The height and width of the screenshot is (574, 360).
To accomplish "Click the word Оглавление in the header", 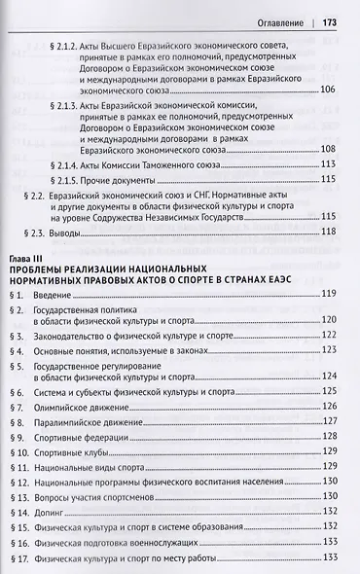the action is click(x=270, y=19).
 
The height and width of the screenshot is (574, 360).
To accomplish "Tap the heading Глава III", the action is click(x=25, y=255).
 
